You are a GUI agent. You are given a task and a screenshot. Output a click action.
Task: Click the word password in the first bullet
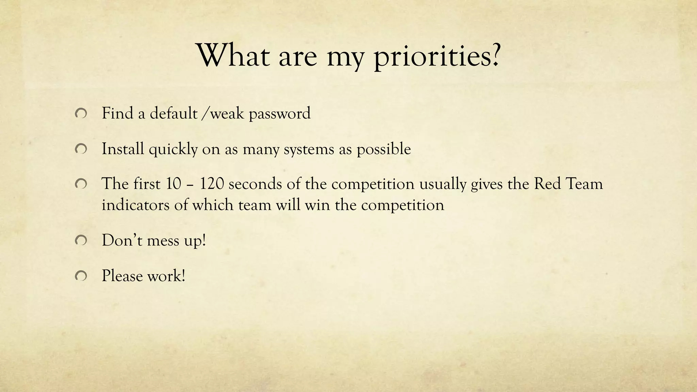point(280,114)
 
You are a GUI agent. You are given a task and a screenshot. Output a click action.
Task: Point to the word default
point(174,113)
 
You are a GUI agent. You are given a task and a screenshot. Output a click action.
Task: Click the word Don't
point(122,240)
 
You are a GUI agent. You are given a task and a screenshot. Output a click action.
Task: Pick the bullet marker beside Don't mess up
point(81,241)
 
